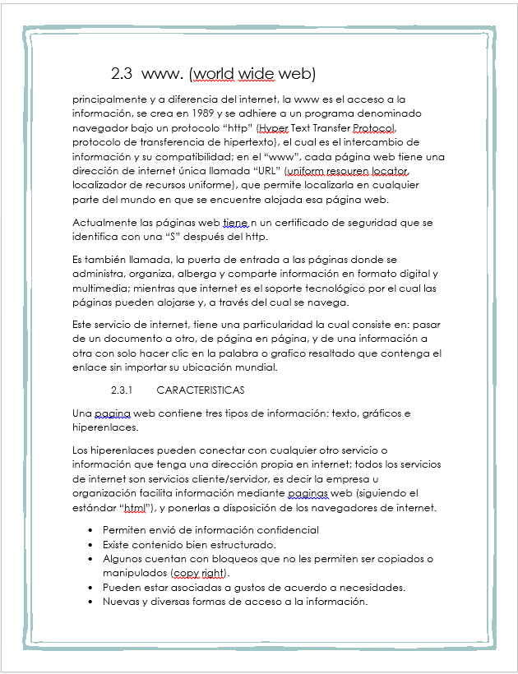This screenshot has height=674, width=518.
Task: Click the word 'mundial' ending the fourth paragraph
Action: [254, 367]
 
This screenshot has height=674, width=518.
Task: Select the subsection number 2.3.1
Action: [122, 390]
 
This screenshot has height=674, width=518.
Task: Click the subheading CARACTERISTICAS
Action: [200, 390]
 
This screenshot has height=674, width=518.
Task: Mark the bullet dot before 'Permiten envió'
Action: [90, 530]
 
